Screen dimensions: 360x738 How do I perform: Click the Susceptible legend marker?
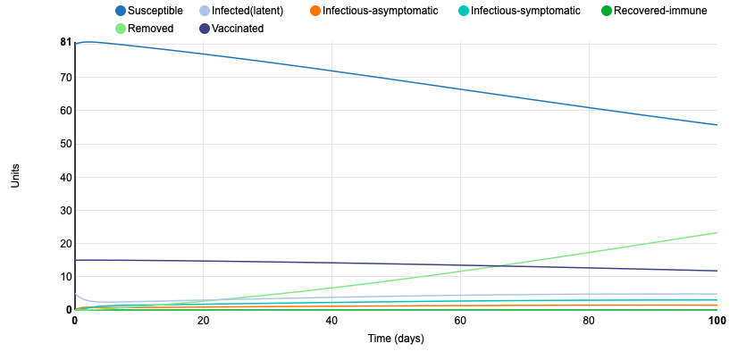(121, 11)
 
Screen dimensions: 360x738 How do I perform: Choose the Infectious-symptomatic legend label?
(525, 11)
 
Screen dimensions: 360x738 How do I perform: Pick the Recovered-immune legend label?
(660, 11)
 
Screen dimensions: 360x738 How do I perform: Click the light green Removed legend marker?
(121, 29)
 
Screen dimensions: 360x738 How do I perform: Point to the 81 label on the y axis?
(66, 42)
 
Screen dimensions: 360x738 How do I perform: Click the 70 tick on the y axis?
(66, 78)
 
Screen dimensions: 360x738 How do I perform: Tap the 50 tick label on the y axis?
(66, 144)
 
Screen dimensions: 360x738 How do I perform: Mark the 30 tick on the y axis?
(66, 211)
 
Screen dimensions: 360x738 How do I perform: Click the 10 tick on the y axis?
(66, 277)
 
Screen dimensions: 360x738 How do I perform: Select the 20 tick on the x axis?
(203, 321)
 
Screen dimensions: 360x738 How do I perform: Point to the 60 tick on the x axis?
(460, 321)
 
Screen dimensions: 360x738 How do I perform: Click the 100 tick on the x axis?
(716, 321)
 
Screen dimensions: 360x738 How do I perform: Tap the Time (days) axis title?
(396, 339)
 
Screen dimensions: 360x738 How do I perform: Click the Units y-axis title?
(15, 175)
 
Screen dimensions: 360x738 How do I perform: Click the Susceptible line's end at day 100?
(717, 125)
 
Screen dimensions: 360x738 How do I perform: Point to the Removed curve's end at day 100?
(717, 232)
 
